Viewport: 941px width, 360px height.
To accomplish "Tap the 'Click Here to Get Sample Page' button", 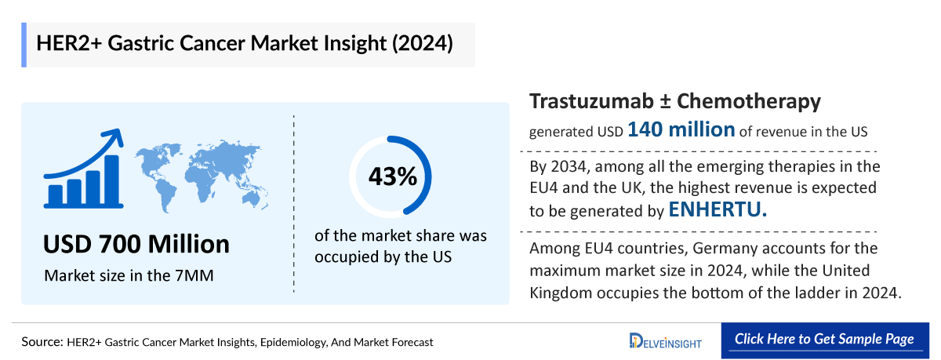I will (x=823, y=339).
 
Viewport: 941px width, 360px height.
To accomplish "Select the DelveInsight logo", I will (x=665, y=340).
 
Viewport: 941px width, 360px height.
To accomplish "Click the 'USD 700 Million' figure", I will (x=137, y=244).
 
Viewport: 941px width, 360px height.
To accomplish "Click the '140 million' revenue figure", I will (x=681, y=130).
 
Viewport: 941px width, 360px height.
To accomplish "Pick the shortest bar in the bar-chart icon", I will (x=56, y=193).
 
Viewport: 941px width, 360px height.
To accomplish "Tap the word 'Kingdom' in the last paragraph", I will (x=562, y=292).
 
